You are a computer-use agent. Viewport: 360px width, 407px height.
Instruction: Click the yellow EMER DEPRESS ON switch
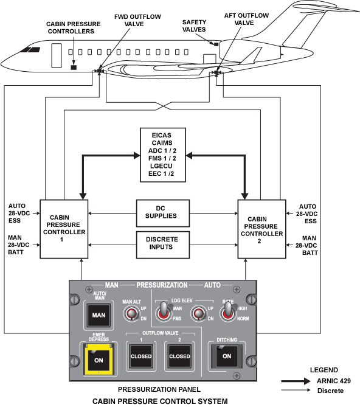[x=99, y=359]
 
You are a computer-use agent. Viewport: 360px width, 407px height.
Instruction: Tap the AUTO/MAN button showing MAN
[x=99, y=315]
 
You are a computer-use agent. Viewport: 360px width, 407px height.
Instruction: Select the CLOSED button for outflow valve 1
[x=141, y=356]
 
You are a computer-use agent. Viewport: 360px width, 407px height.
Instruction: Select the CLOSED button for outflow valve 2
[x=179, y=356]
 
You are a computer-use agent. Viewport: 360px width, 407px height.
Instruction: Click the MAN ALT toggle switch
[x=132, y=313]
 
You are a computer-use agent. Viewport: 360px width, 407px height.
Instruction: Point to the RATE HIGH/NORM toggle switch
[x=227, y=311]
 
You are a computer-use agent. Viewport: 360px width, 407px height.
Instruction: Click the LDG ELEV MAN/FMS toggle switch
[x=164, y=311]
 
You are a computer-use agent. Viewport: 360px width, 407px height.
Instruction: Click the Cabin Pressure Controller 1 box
[x=64, y=229]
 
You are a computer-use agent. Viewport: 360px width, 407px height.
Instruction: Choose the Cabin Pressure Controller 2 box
[x=262, y=229]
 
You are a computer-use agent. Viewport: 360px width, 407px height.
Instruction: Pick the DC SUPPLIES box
[x=163, y=213]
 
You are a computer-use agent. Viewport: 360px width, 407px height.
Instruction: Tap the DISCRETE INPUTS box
[x=163, y=245]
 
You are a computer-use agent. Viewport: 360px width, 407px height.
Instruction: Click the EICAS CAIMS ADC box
[x=163, y=155]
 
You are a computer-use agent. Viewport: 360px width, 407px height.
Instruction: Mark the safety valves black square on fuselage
[x=216, y=44]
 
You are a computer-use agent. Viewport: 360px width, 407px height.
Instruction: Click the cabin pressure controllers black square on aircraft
[x=74, y=68]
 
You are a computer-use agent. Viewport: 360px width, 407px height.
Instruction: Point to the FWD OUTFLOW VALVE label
[x=137, y=20]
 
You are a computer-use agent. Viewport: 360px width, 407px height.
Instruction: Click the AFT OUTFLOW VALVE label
[x=246, y=19]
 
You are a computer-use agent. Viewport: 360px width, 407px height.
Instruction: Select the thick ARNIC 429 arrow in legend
[x=296, y=381]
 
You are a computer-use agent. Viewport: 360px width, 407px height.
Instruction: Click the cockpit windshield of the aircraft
[x=30, y=49]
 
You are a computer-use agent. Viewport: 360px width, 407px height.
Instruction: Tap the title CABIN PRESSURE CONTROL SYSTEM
[x=160, y=402]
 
